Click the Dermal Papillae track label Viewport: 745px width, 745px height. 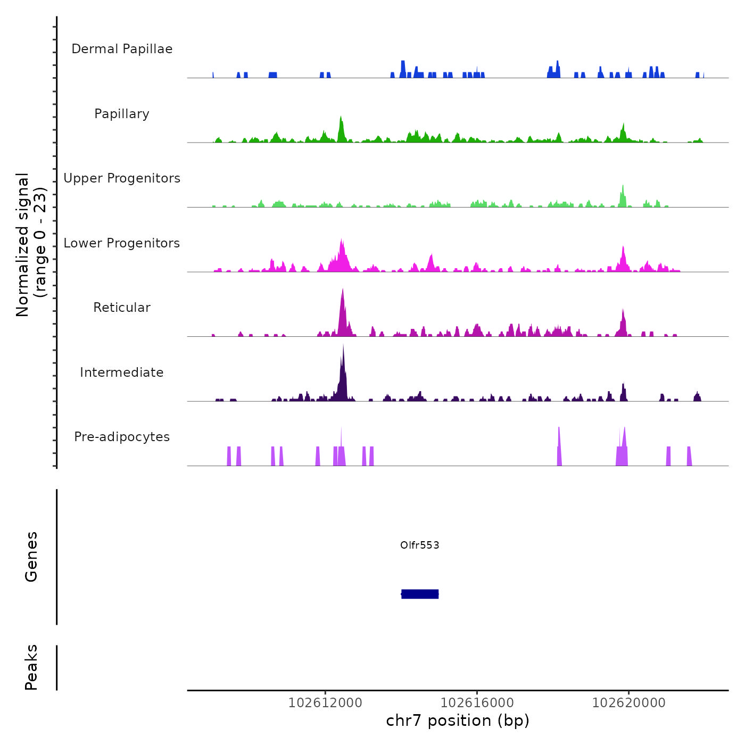tap(122, 49)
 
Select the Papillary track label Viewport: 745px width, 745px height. tap(122, 114)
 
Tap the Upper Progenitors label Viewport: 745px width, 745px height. tap(122, 178)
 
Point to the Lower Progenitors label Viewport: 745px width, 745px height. tap(122, 243)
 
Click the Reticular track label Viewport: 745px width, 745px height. tap(122, 308)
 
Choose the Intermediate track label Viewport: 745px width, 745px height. tap(122, 372)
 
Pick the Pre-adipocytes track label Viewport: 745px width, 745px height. tap(122, 437)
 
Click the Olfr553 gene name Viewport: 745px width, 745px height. tap(420, 545)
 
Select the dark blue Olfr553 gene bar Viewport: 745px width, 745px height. tap(420, 594)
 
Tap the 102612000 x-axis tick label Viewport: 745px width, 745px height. tap(325, 703)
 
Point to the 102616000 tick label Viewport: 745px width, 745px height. tap(477, 703)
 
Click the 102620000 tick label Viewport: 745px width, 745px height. tap(628, 703)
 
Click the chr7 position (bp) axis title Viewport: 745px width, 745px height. tap(458, 721)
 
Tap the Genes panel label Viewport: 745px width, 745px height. tap(31, 557)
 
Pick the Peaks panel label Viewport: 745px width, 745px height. tap(31, 667)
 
